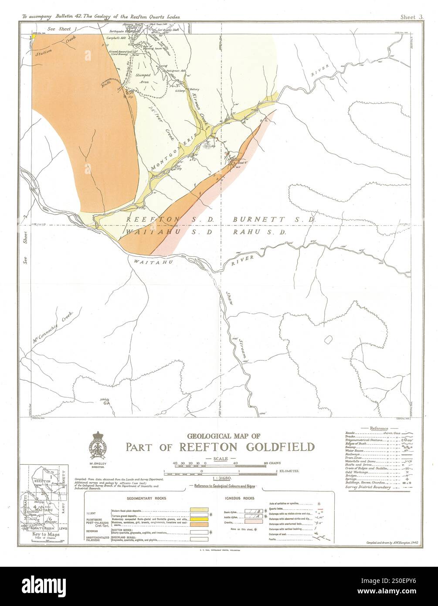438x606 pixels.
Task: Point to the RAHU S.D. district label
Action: tap(260, 232)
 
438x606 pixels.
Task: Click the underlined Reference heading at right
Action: tap(379, 429)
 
